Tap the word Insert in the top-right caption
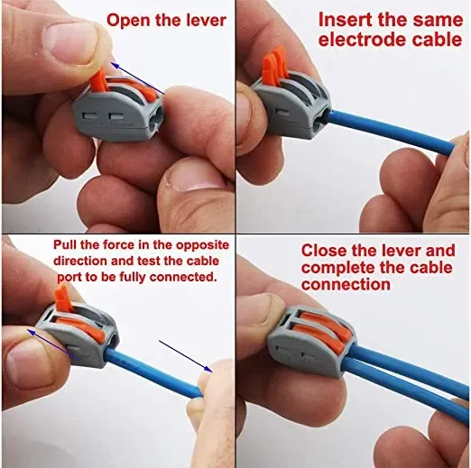[346, 20]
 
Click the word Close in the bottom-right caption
[324, 251]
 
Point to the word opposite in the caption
[202, 245]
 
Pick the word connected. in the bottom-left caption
[183, 277]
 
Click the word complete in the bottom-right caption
[338, 268]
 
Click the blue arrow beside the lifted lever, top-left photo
[137, 78]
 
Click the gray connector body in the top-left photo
[119, 112]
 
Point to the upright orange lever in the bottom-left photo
[62, 298]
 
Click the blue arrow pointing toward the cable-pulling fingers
[186, 356]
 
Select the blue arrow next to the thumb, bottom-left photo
[52, 344]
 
